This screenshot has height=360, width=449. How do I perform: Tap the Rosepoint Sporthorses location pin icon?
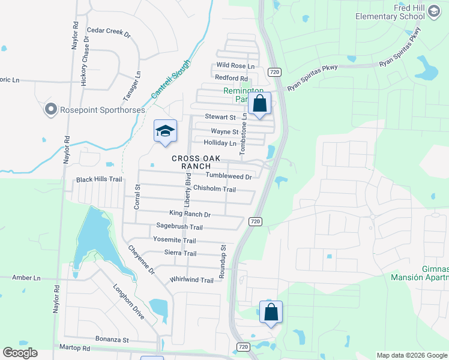click(x=50, y=109)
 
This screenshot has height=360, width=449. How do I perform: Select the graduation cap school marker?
click(x=165, y=131)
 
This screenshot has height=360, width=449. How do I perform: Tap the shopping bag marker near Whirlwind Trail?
click(x=271, y=312)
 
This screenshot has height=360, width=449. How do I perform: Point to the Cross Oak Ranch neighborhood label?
click(x=196, y=163)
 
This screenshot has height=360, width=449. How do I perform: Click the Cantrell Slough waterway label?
click(x=170, y=79)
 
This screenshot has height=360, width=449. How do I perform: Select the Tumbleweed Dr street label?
click(x=229, y=176)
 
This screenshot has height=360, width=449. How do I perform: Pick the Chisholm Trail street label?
click(x=214, y=189)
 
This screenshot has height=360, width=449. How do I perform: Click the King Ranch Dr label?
click(x=190, y=214)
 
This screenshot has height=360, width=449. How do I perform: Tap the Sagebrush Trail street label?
click(x=179, y=227)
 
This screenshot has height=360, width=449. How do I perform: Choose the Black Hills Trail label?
click(x=99, y=179)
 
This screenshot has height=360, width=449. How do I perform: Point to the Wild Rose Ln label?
click(x=236, y=65)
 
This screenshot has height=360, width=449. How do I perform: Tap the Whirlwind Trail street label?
click(x=191, y=280)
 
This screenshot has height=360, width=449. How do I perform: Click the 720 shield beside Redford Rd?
click(x=274, y=72)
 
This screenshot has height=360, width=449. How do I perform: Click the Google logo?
click(x=20, y=353)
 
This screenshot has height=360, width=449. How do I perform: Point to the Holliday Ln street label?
click(x=220, y=143)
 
